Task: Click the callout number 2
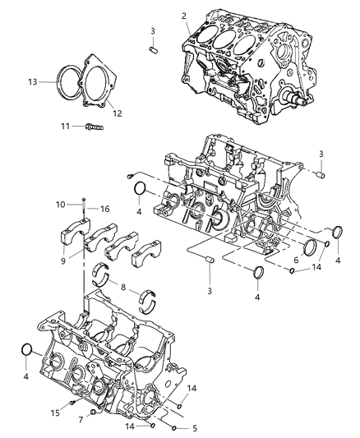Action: coord(184,16)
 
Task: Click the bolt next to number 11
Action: coord(93,127)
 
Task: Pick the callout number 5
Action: coord(194,428)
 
